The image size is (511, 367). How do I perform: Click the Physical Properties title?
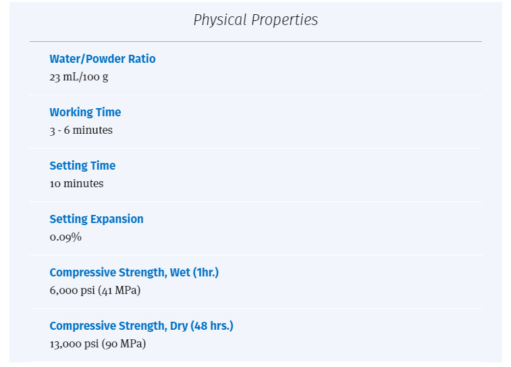tap(255, 20)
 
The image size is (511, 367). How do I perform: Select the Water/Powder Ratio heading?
tap(103, 59)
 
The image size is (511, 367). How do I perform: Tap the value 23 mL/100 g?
tap(79, 77)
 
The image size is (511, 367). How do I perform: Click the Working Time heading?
tap(85, 112)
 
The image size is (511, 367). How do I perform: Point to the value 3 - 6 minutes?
tap(81, 130)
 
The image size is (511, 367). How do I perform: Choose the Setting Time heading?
tap(82, 166)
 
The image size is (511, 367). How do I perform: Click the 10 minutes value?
tap(76, 183)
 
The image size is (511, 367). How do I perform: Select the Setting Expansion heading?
tap(97, 219)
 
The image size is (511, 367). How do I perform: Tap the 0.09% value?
tap(65, 237)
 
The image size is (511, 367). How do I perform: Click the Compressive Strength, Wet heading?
tap(134, 272)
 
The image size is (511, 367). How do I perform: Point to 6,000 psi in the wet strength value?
tap(72, 291)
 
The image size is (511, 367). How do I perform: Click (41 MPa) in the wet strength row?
tap(119, 291)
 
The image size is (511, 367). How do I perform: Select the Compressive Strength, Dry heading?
tap(142, 326)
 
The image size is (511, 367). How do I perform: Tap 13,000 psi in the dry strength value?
tap(74, 344)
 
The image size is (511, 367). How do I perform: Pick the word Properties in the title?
tap(284, 20)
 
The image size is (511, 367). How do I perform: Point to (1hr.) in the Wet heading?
tap(206, 272)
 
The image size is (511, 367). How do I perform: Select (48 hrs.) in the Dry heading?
tap(212, 326)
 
